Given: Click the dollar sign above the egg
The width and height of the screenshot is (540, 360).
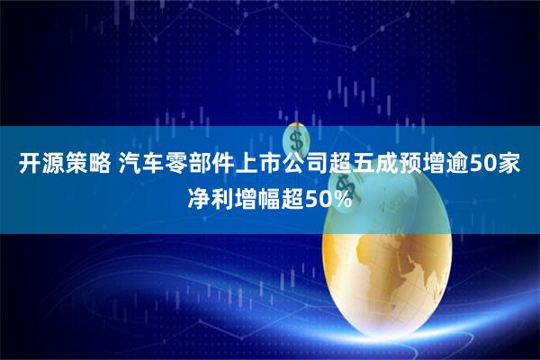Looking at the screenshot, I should (x=296, y=140).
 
